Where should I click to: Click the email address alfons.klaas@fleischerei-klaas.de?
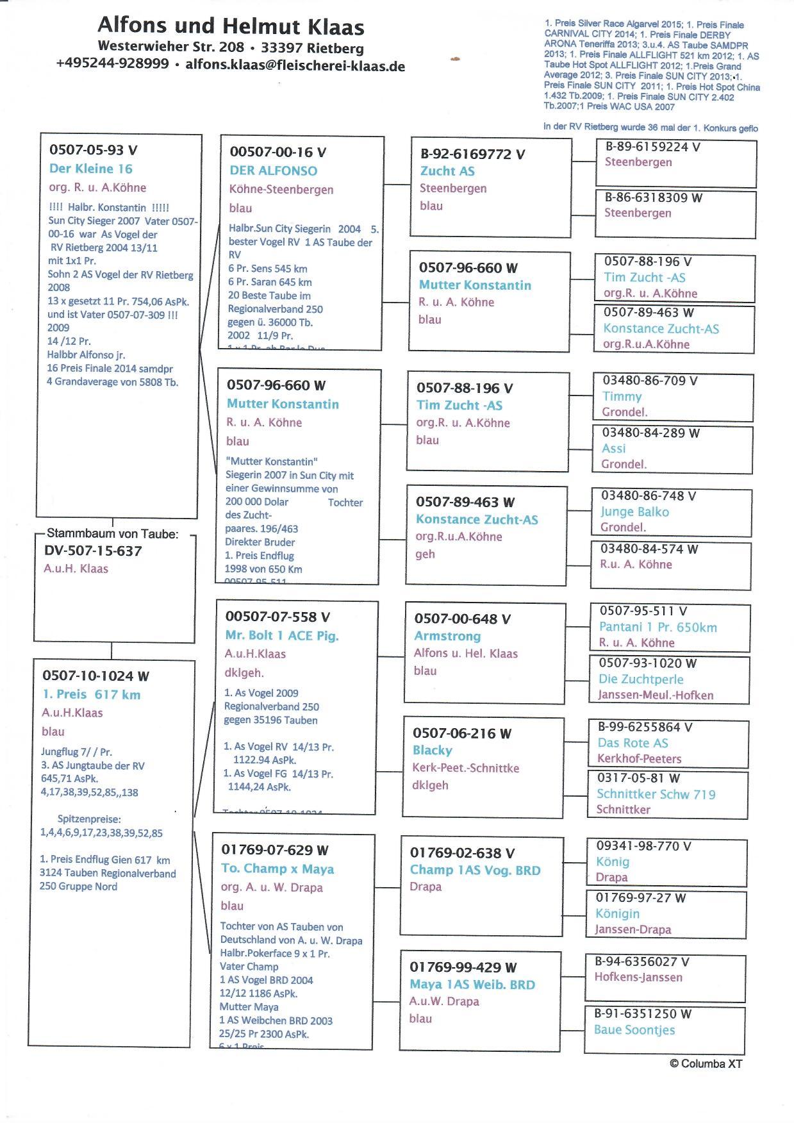click(295, 65)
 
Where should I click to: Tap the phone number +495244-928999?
click(112, 64)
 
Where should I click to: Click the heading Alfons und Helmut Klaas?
click(231, 27)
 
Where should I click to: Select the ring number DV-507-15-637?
click(93, 551)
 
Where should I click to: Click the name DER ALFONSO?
click(273, 171)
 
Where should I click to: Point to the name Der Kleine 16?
click(90, 169)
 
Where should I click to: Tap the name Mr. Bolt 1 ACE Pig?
click(281, 636)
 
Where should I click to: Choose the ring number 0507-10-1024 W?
click(95, 676)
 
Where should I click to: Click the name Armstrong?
click(447, 636)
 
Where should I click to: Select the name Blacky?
click(432, 751)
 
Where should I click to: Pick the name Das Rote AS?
click(633, 744)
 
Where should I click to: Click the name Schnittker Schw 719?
click(656, 795)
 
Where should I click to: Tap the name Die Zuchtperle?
click(641, 679)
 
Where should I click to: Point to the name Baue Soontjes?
click(634, 1030)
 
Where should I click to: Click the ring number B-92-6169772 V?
click(472, 154)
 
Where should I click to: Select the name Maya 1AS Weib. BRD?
click(472, 985)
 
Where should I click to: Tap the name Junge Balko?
click(634, 512)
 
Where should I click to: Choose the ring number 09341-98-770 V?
click(643, 847)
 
